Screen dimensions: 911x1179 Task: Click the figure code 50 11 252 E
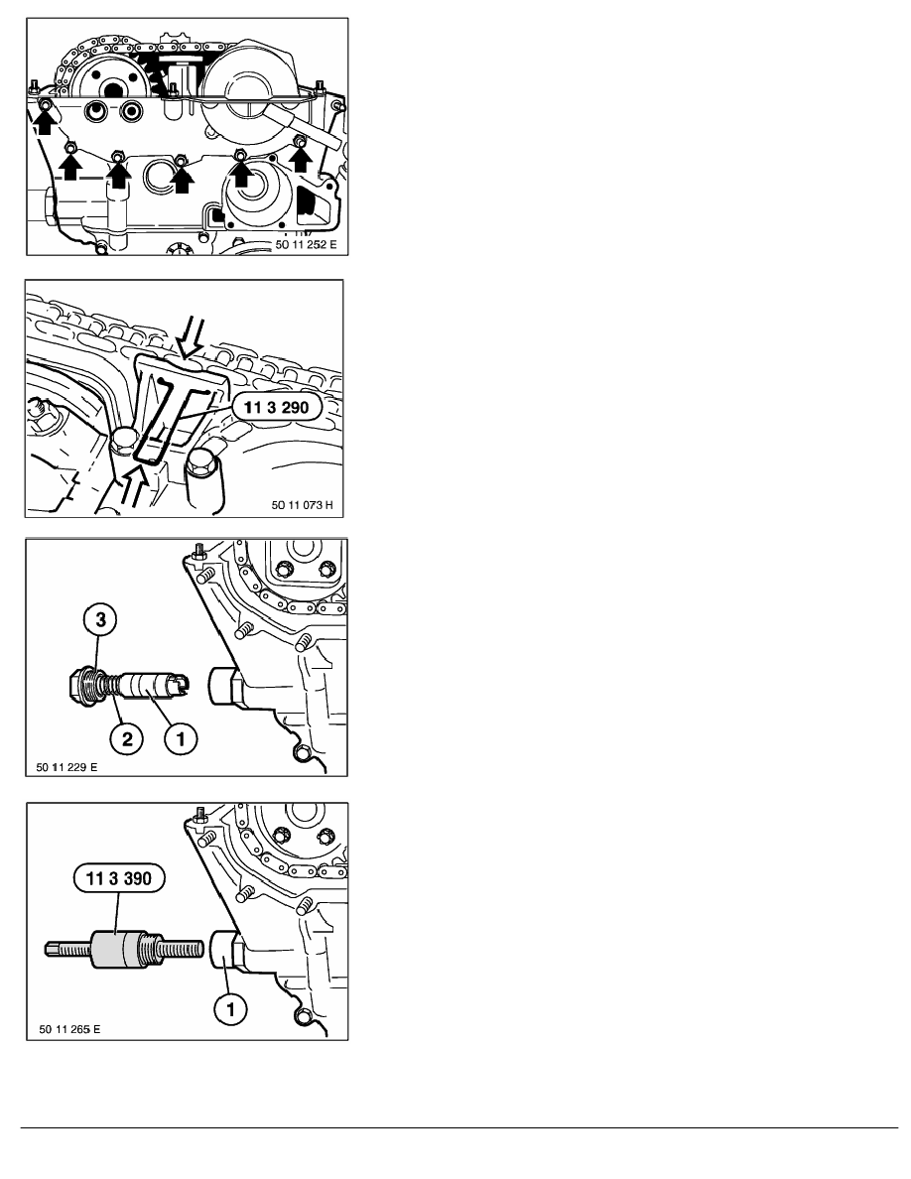(306, 245)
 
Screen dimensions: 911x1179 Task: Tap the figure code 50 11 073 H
(302, 505)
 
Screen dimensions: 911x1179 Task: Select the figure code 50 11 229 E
(66, 767)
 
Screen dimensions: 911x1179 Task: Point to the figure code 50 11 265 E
(69, 1028)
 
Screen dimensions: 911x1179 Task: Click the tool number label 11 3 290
(277, 407)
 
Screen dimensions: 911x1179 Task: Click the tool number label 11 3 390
(119, 878)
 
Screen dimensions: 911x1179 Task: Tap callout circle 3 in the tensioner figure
(103, 619)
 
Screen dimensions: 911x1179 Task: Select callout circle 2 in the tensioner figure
(127, 738)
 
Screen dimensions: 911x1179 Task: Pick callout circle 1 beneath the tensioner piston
(180, 738)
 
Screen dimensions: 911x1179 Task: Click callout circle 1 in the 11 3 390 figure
(231, 1008)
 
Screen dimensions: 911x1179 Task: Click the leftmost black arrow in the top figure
(45, 119)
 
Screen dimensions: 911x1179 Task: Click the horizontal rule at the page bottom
(459, 1127)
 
